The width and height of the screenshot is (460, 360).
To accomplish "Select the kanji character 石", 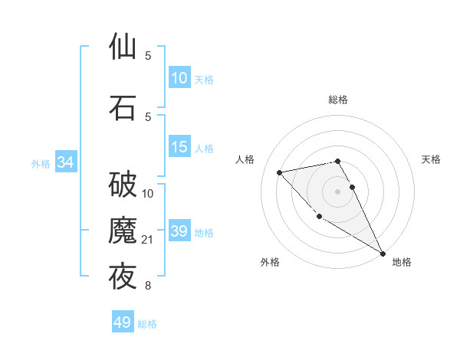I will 123,107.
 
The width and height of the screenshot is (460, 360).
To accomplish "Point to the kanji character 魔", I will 123,231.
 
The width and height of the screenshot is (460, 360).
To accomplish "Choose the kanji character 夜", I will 123,277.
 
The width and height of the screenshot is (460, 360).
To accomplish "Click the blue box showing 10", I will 179,78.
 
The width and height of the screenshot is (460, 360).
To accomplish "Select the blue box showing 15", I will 179,147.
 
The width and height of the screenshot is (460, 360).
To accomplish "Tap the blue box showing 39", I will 179,231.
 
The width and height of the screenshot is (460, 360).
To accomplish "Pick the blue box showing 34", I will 65,162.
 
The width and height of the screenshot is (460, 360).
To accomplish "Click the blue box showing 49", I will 123,322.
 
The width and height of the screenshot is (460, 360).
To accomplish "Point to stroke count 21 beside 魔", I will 149,240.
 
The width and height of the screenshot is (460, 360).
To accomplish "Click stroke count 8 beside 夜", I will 148,286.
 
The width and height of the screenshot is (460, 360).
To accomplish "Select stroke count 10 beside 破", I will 149,194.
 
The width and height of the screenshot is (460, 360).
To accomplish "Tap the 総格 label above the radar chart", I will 338,100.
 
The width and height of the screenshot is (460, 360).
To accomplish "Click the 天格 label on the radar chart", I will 432,159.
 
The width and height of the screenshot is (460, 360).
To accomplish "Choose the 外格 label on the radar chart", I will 270,263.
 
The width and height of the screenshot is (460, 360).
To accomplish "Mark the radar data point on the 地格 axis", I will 383,254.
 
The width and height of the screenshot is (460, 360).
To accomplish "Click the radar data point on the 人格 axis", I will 280,172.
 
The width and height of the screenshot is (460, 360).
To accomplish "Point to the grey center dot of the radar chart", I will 338,191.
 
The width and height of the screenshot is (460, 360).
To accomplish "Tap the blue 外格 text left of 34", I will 41,163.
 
